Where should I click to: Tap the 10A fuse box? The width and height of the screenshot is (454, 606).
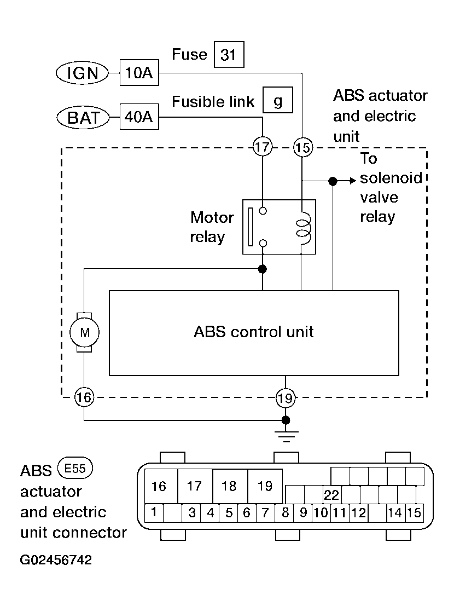pos(139,73)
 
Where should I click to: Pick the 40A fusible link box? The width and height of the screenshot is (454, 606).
pos(139,117)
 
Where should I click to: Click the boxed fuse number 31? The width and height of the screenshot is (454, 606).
pos(229,55)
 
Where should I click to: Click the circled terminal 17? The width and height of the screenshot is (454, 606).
pos(263,147)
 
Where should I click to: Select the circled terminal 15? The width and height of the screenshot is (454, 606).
pos(302,147)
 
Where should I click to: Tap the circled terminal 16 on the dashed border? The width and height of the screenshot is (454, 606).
pos(84,397)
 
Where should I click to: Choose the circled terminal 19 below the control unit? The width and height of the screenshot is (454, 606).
pos(285,397)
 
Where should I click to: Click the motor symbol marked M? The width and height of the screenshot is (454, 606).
pos(84,332)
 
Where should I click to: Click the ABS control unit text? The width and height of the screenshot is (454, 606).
pos(254,332)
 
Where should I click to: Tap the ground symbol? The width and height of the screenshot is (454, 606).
pos(285,436)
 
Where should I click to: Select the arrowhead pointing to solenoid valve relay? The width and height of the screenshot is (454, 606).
pos(352,181)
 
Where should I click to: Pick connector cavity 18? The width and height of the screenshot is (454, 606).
pos(230,486)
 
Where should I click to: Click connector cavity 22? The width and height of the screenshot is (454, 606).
pos(331,495)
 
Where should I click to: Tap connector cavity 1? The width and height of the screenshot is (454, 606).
pos(154,513)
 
